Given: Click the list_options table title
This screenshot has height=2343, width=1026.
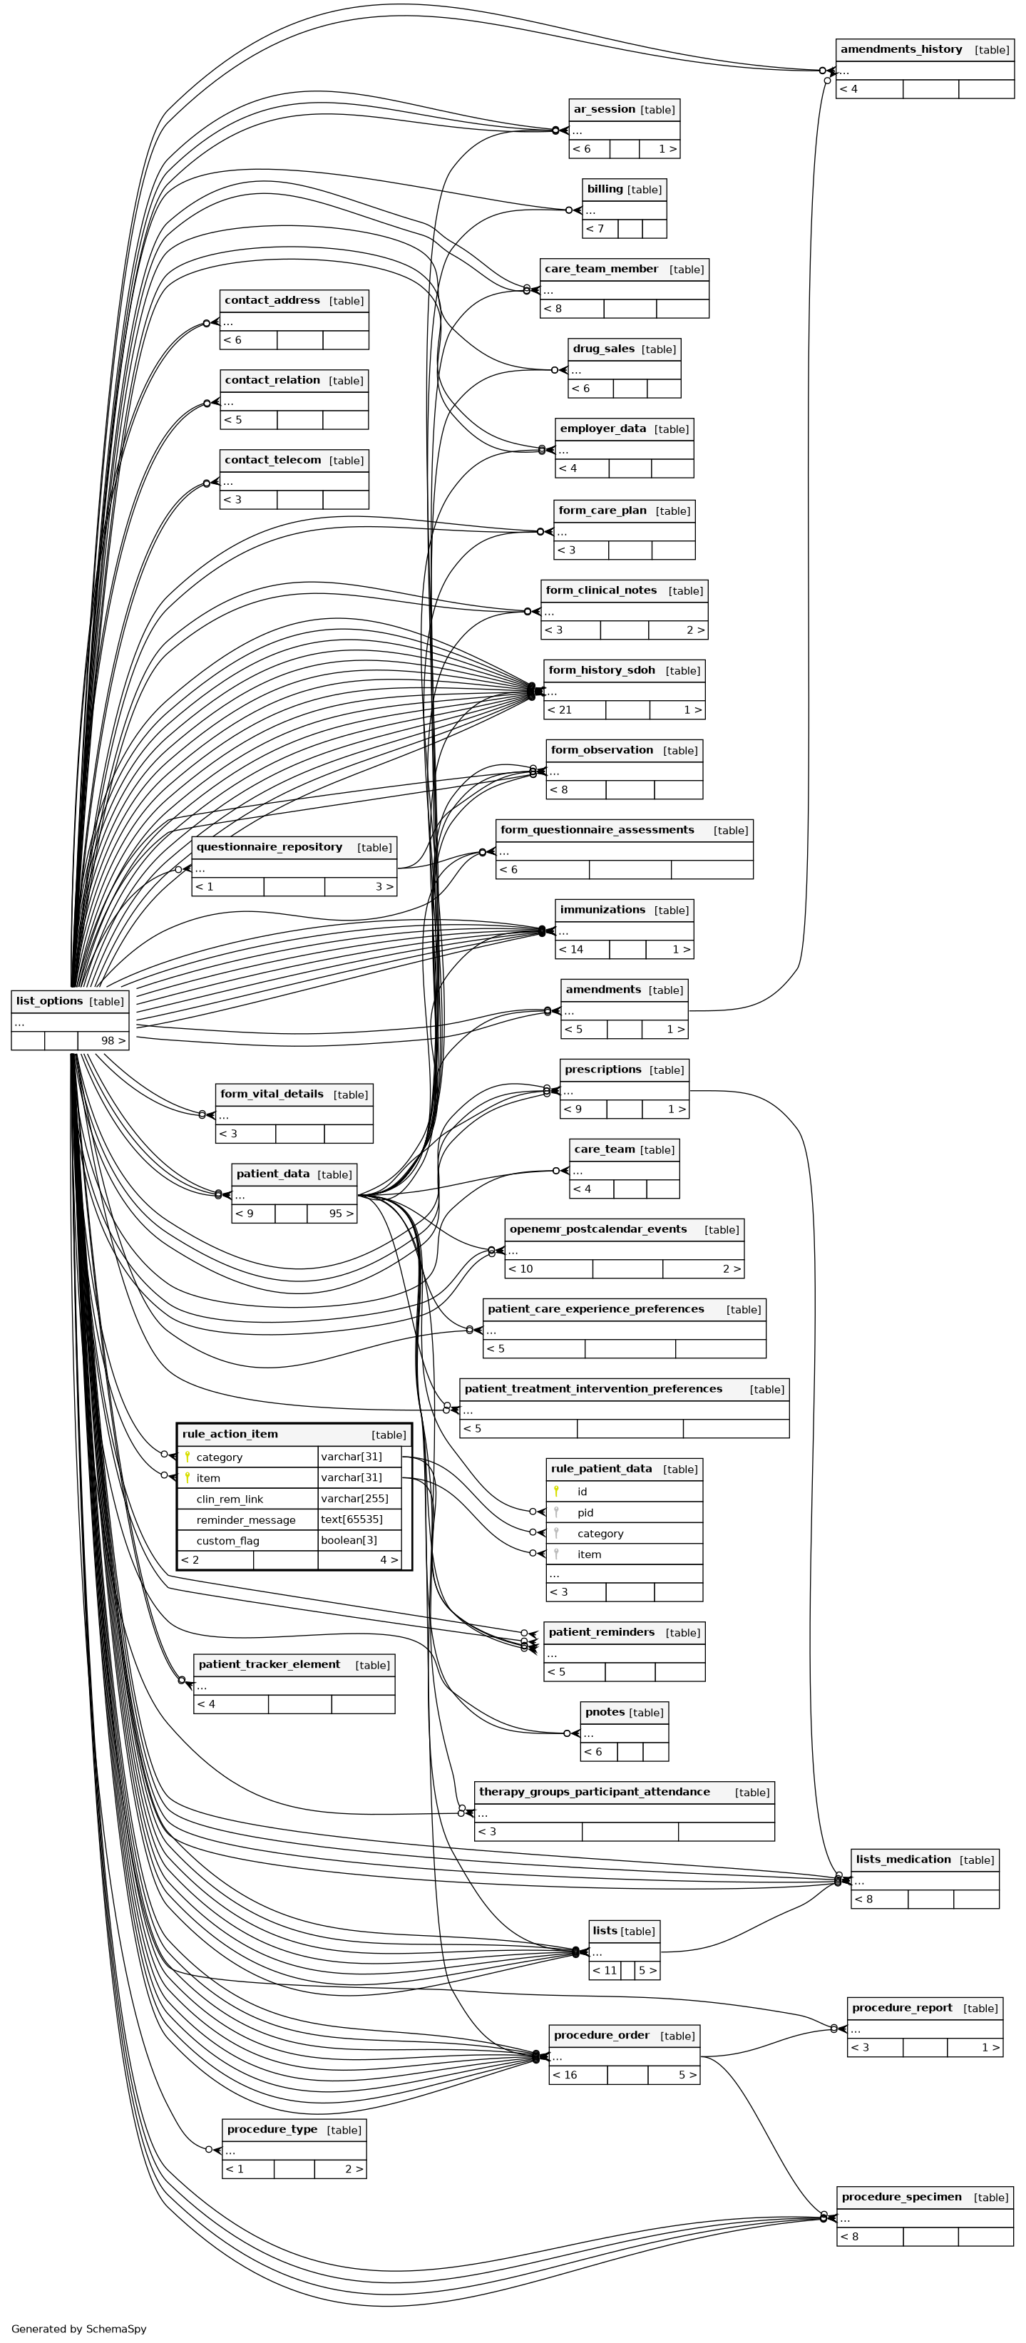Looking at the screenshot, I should (50, 1000).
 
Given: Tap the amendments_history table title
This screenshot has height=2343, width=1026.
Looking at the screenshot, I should (901, 49).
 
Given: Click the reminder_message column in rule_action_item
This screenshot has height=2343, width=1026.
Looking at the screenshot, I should (245, 1520).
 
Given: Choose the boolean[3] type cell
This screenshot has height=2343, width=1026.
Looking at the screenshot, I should (349, 1540).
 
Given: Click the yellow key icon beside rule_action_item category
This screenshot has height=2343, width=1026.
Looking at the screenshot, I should (188, 1457).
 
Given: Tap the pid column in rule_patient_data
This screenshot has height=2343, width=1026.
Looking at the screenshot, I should (585, 1512).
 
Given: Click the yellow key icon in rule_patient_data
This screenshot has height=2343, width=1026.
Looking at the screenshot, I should (555, 1492).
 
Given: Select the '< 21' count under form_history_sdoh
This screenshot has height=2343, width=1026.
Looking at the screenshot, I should (560, 709).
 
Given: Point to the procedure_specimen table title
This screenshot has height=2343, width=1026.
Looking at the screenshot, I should (901, 2197).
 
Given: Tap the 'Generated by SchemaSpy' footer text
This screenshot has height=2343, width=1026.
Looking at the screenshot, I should (79, 2329).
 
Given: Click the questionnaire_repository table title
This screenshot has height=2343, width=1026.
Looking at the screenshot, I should (270, 847).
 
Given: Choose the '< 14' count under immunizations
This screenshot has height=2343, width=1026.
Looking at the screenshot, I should (571, 950).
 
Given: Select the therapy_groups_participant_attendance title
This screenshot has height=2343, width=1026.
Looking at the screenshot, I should (594, 1792).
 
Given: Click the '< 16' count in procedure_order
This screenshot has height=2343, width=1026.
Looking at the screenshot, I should (565, 2075).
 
